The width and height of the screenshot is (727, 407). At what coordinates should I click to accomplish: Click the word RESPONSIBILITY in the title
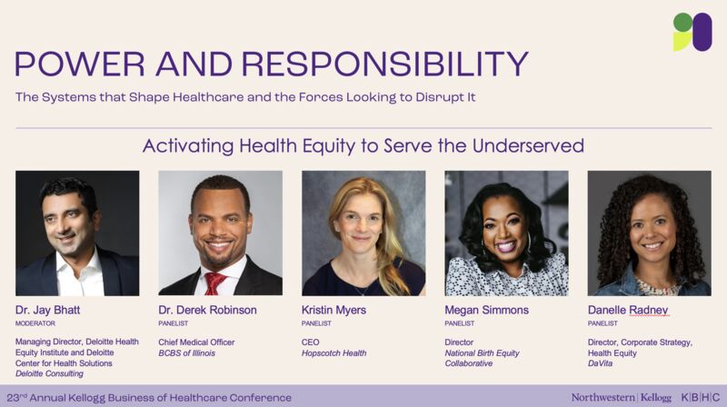pos(385,64)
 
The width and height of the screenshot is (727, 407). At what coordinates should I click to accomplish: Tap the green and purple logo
pos(692,32)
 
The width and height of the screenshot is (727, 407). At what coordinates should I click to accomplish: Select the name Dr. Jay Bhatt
pos(48,310)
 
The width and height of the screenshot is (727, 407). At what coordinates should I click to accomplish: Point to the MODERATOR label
pos(35,323)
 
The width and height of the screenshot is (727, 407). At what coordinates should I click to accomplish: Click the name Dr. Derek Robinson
pos(207,310)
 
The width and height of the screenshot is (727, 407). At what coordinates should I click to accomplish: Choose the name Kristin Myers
pos(334,310)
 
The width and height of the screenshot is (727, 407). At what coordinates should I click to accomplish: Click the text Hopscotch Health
pos(334,353)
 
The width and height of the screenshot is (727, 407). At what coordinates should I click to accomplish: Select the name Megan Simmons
pos(486,310)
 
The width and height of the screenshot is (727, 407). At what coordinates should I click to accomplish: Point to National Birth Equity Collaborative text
pos(482,358)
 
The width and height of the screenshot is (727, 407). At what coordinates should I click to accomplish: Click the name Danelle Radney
pos(628,310)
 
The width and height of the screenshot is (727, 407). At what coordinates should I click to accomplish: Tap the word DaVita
pos(600,363)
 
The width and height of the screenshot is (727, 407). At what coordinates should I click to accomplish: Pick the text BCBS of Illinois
pos(187,353)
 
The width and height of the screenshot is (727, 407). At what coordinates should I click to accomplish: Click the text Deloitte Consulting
pos(49,373)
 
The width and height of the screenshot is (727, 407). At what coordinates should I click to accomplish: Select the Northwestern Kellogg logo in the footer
pos(622,398)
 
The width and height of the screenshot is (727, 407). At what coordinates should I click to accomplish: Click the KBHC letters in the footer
pos(700,398)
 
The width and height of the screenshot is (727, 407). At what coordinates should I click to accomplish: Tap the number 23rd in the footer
pos(17,398)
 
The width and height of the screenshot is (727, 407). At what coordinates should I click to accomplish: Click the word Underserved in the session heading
pos(528,146)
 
